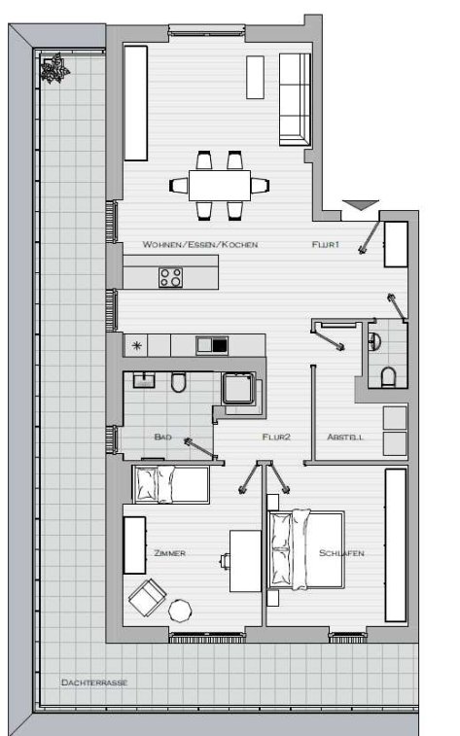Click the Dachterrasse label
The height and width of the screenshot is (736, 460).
[x=94, y=683]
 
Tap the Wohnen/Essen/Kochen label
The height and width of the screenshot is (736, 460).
[x=200, y=245]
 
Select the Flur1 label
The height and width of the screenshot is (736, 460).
[x=325, y=245]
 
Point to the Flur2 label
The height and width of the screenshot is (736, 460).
[x=276, y=437]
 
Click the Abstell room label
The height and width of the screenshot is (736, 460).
[x=345, y=437]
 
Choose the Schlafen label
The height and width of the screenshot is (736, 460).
[x=341, y=553]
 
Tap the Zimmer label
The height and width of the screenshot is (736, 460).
[x=170, y=553]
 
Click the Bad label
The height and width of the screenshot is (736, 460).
[x=162, y=437]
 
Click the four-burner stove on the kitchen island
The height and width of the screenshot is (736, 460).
[x=170, y=276]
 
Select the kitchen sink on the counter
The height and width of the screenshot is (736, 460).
[x=212, y=345]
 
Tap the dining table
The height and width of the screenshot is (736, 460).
[x=220, y=186]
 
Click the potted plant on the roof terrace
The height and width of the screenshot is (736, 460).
[x=54, y=68]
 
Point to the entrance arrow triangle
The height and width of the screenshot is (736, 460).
[x=361, y=205]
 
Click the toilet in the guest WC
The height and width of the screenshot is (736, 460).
[x=388, y=377]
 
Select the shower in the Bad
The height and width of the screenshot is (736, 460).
[x=239, y=389]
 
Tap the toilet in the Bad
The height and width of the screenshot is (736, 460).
[x=178, y=382]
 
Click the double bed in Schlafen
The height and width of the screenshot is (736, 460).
[x=305, y=549]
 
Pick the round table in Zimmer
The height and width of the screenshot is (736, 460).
[x=180, y=611]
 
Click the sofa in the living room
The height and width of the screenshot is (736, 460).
[x=295, y=99]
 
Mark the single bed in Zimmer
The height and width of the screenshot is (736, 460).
[x=171, y=484]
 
